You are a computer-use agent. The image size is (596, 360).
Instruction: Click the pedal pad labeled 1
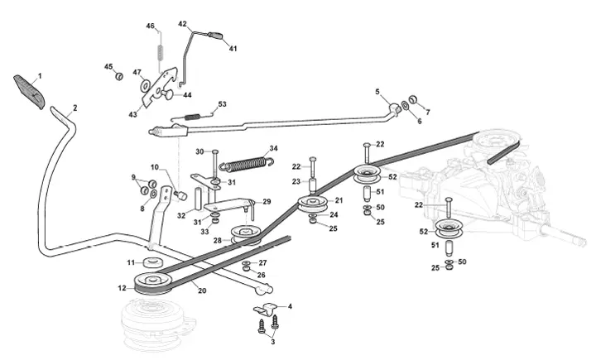29,92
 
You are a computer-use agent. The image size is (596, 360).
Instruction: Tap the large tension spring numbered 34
247,162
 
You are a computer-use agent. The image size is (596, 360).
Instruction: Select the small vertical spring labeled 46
160,51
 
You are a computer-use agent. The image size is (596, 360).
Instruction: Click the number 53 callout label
222,103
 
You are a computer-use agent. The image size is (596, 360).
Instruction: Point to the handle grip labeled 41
215,36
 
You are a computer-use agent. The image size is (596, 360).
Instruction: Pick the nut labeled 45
119,76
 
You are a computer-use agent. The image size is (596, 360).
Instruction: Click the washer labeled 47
145,85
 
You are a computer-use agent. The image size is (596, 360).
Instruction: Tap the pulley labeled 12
154,284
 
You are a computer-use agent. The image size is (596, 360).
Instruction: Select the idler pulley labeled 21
313,204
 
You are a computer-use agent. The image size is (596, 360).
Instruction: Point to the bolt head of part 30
215,152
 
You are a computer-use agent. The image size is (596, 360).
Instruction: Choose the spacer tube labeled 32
199,198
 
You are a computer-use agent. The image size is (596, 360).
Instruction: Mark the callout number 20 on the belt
202,290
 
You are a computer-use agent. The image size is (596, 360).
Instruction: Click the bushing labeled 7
413,99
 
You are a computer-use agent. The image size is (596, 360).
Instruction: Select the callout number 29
267,201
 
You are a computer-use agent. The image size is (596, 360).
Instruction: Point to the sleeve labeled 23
313,186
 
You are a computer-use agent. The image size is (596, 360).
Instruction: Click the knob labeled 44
166,94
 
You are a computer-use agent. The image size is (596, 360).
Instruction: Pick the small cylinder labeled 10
181,195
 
